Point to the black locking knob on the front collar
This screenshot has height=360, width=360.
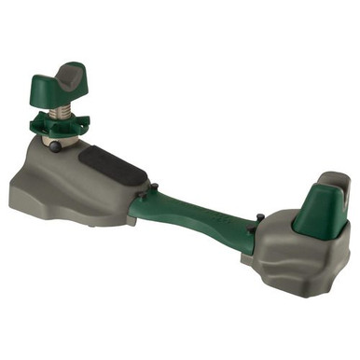point(56,145)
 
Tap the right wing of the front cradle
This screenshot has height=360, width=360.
point(90,76)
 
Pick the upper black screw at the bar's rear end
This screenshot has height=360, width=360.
point(252,221)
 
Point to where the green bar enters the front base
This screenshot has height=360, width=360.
point(138,205)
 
